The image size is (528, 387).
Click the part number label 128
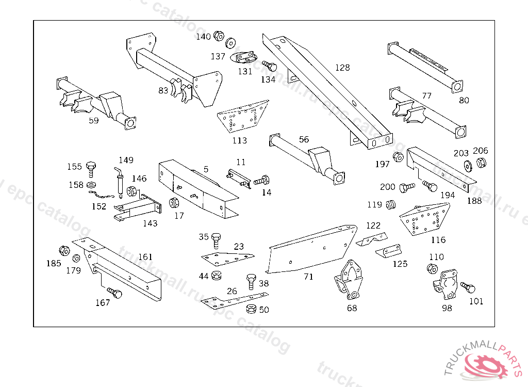click(x=342, y=68)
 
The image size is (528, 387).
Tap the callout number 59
click(x=93, y=120)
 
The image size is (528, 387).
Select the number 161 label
click(x=145, y=256)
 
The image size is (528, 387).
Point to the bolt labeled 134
click(x=270, y=67)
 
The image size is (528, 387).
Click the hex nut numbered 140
click(x=218, y=36)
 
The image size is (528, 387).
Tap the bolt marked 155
click(x=92, y=167)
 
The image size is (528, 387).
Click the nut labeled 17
click(x=174, y=203)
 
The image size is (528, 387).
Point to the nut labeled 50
click(x=252, y=309)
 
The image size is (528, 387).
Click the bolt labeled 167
click(x=117, y=295)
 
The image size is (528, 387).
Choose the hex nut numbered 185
click(x=64, y=251)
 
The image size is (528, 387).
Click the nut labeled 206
click(x=481, y=163)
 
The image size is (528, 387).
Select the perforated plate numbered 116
click(x=424, y=219)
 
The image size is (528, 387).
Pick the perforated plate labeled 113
click(x=242, y=118)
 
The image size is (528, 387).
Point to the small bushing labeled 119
click(x=391, y=205)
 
